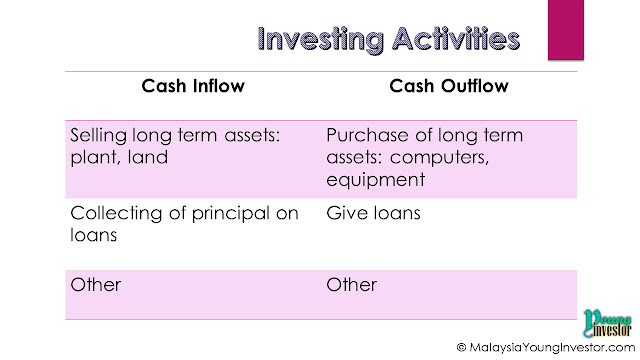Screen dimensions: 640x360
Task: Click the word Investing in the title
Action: tap(321, 40)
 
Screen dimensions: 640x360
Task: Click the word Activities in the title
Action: tap(456, 39)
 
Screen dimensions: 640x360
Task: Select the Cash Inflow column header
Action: tap(193, 86)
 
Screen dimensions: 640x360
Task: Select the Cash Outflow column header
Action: tap(449, 86)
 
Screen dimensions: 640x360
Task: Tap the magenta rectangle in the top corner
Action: tap(566, 30)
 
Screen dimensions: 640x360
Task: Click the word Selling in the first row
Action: tap(98, 136)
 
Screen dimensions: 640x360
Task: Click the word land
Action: tap(148, 157)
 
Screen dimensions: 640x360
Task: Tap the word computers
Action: tap(439, 158)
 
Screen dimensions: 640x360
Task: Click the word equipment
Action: tap(376, 180)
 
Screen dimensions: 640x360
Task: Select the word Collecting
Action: tap(116, 214)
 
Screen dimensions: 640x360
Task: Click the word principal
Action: tap(231, 214)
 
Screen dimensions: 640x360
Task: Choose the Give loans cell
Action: tap(373, 213)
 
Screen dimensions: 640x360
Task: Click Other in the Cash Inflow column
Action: tap(96, 285)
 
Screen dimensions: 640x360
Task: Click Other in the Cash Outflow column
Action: tap(351, 285)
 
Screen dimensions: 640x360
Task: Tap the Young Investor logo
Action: tap(607, 323)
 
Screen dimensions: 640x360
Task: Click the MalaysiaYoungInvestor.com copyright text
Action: tap(546, 347)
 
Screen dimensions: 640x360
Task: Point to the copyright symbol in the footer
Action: tap(461, 347)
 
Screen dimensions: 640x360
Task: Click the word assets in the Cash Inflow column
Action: tap(252, 136)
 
